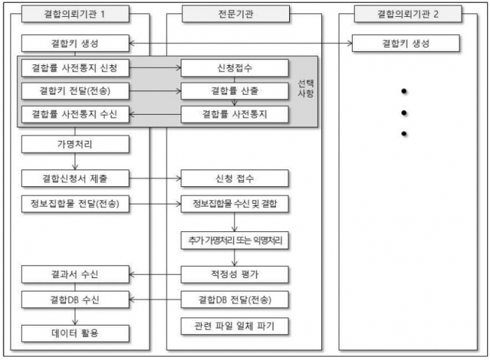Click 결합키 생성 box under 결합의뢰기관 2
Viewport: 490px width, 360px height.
[406, 43]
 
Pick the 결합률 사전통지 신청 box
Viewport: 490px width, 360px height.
[75, 68]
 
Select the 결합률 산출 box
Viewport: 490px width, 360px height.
[234, 91]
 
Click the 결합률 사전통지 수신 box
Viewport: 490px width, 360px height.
[75, 114]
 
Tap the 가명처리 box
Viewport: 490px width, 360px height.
[75, 145]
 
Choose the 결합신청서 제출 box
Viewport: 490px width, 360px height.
[75, 178]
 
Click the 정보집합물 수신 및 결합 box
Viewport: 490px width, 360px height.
[234, 205]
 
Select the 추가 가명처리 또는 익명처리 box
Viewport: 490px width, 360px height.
[234, 240]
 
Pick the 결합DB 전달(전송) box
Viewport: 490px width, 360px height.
[234, 300]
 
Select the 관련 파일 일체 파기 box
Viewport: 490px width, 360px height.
[234, 326]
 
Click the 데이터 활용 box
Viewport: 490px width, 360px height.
[75, 332]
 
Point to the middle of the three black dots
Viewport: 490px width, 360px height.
[404, 113]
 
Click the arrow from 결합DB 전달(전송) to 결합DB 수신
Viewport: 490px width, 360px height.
[155, 300]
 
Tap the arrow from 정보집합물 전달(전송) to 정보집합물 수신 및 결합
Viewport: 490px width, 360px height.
[155, 205]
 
